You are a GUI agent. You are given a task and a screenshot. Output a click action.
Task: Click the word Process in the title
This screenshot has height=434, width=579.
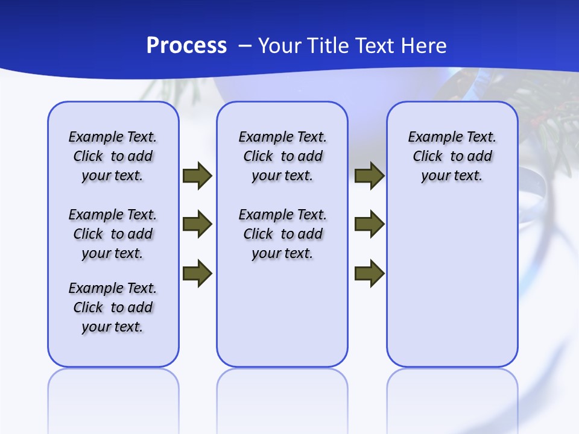pyautogui.click(x=186, y=45)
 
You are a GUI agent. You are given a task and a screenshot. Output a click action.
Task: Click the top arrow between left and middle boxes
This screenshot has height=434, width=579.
pyautogui.click(x=197, y=175)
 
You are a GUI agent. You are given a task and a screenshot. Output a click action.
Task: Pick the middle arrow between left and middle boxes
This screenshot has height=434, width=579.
pyautogui.click(x=197, y=224)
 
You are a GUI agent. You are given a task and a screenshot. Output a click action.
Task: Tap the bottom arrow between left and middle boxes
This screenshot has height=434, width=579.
pyautogui.click(x=197, y=273)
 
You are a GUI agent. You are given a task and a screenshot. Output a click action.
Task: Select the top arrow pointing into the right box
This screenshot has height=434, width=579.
pyautogui.click(x=369, y=175)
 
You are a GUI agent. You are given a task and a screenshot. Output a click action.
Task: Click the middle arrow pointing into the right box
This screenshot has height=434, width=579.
pyautogui.click(x=369, y=224)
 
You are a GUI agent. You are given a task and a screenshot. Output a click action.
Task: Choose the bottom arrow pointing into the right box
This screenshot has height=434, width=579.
pyautogui.click(x=369, y=273)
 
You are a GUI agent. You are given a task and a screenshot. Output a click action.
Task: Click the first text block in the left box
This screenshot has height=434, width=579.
pyautogui.click(x=113, y=156)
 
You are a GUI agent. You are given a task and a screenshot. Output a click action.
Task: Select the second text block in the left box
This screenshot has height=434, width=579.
pyautogui.click(x=113, y=234)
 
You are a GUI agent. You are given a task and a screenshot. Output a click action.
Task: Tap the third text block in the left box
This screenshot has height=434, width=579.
pyautogui.click(x=113, y=307)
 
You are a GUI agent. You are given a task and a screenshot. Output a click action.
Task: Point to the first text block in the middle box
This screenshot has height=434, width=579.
pyautogui.click(x=282, y=156)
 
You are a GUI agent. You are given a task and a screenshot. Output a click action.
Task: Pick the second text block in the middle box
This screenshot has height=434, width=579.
pyautogui.click(x=282, y=234)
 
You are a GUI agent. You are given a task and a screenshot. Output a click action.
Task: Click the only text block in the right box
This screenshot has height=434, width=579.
pyautogui.click(x=452, y=156)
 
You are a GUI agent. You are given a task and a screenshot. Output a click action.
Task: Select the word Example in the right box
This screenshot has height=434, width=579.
pyautogui.click(x=431, y=137)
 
